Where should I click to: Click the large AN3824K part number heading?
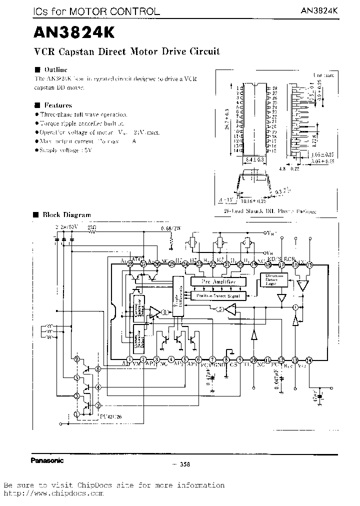[x=74, y=32]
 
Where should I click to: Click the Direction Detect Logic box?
[x=274, y=280]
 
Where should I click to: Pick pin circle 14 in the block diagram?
[x=309, y=359]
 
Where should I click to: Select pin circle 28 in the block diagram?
[x=129, y=263]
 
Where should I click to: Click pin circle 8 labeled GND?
[x=226, y=359]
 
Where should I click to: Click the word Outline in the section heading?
[x=55, y=69]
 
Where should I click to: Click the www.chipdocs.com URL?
[x=53, y=493]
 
